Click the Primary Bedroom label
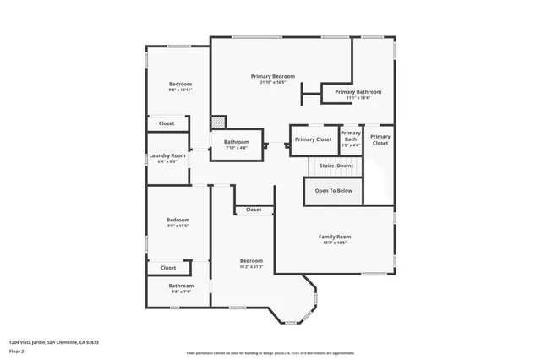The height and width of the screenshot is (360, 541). (x=273, y=76)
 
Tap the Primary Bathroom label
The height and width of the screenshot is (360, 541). (x=358, y=91)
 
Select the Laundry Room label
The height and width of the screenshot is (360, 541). (x=167, y=155)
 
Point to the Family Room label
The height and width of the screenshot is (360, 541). (x=334, y=237)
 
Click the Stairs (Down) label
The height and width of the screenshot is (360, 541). (x=336, y=166)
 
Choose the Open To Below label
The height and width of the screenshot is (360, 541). (x=334, y=191)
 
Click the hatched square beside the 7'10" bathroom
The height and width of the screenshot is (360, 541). (x=218, y=123)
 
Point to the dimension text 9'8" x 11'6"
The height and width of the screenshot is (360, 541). (x=178, y=226)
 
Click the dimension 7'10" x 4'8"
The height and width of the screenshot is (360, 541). (x=237, y=148)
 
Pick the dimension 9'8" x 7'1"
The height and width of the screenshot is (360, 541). (x=180, y=292)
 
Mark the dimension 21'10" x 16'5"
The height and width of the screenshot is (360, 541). (x=273, y=83)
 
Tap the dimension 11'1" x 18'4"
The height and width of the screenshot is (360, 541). (x=358, y=98)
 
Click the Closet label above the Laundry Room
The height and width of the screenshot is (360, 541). (x=167, y=123)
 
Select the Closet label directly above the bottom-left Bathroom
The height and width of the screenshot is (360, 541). (x=168, y=268)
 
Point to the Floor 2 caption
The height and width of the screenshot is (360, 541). (x=16, y=351)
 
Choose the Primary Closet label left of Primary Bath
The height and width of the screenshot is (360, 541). (x=313, y=139)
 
